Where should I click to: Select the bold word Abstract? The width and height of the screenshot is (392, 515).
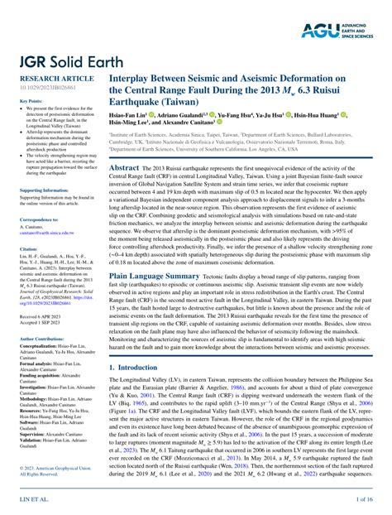point(124,167)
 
